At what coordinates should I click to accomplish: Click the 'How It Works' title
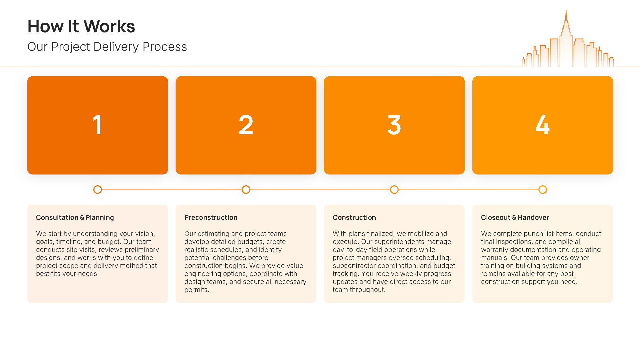pos(81,26)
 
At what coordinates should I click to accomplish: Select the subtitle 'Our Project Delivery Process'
pos(107,47)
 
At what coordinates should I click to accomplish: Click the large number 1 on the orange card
pos(97,125)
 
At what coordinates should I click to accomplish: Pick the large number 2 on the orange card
pos(246,125)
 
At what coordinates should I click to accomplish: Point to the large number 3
pos(394,125)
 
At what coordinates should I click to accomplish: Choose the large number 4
pos(542,125)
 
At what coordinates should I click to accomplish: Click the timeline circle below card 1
pos(97,190)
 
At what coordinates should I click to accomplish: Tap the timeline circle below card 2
pos(246,190)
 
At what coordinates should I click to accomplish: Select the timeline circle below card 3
pos(394,190)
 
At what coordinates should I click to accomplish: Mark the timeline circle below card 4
pos(543,190)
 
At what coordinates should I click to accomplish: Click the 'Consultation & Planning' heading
pos(75,217)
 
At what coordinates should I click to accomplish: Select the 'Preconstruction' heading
pos(211,217)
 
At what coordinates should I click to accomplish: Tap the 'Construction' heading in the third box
pos(354,217)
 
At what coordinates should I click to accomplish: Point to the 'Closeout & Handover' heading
pos(515,217)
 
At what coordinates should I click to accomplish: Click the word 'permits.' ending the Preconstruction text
pos(197,290)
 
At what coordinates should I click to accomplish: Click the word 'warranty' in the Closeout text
pos(494,250)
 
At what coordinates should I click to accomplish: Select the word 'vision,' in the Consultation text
pos(145,234)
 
